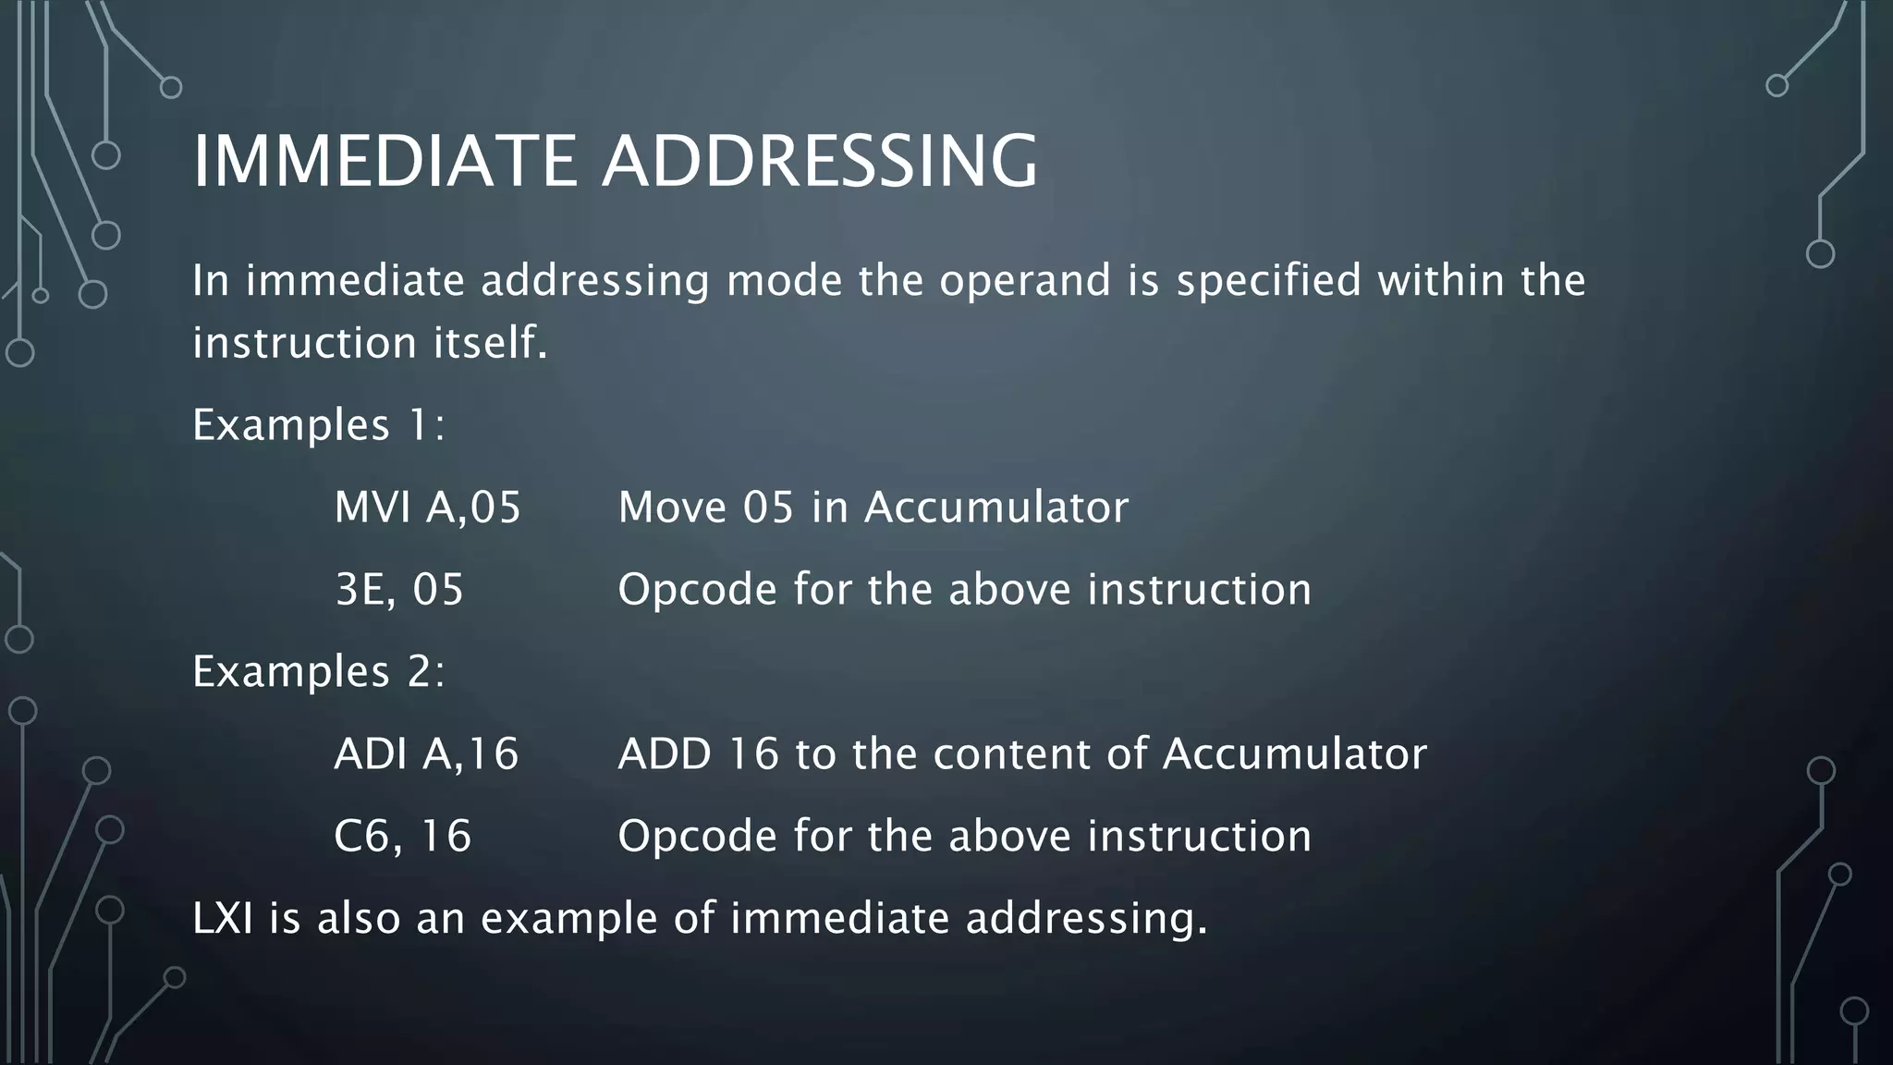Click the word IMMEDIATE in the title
point(385,162)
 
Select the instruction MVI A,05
point(427,508)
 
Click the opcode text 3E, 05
point(399,590)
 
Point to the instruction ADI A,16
point(426,754)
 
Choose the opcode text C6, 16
point(402,837)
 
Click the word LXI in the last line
point(222,919)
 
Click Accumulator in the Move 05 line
point(996,508)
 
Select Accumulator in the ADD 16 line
point(1294,754)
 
